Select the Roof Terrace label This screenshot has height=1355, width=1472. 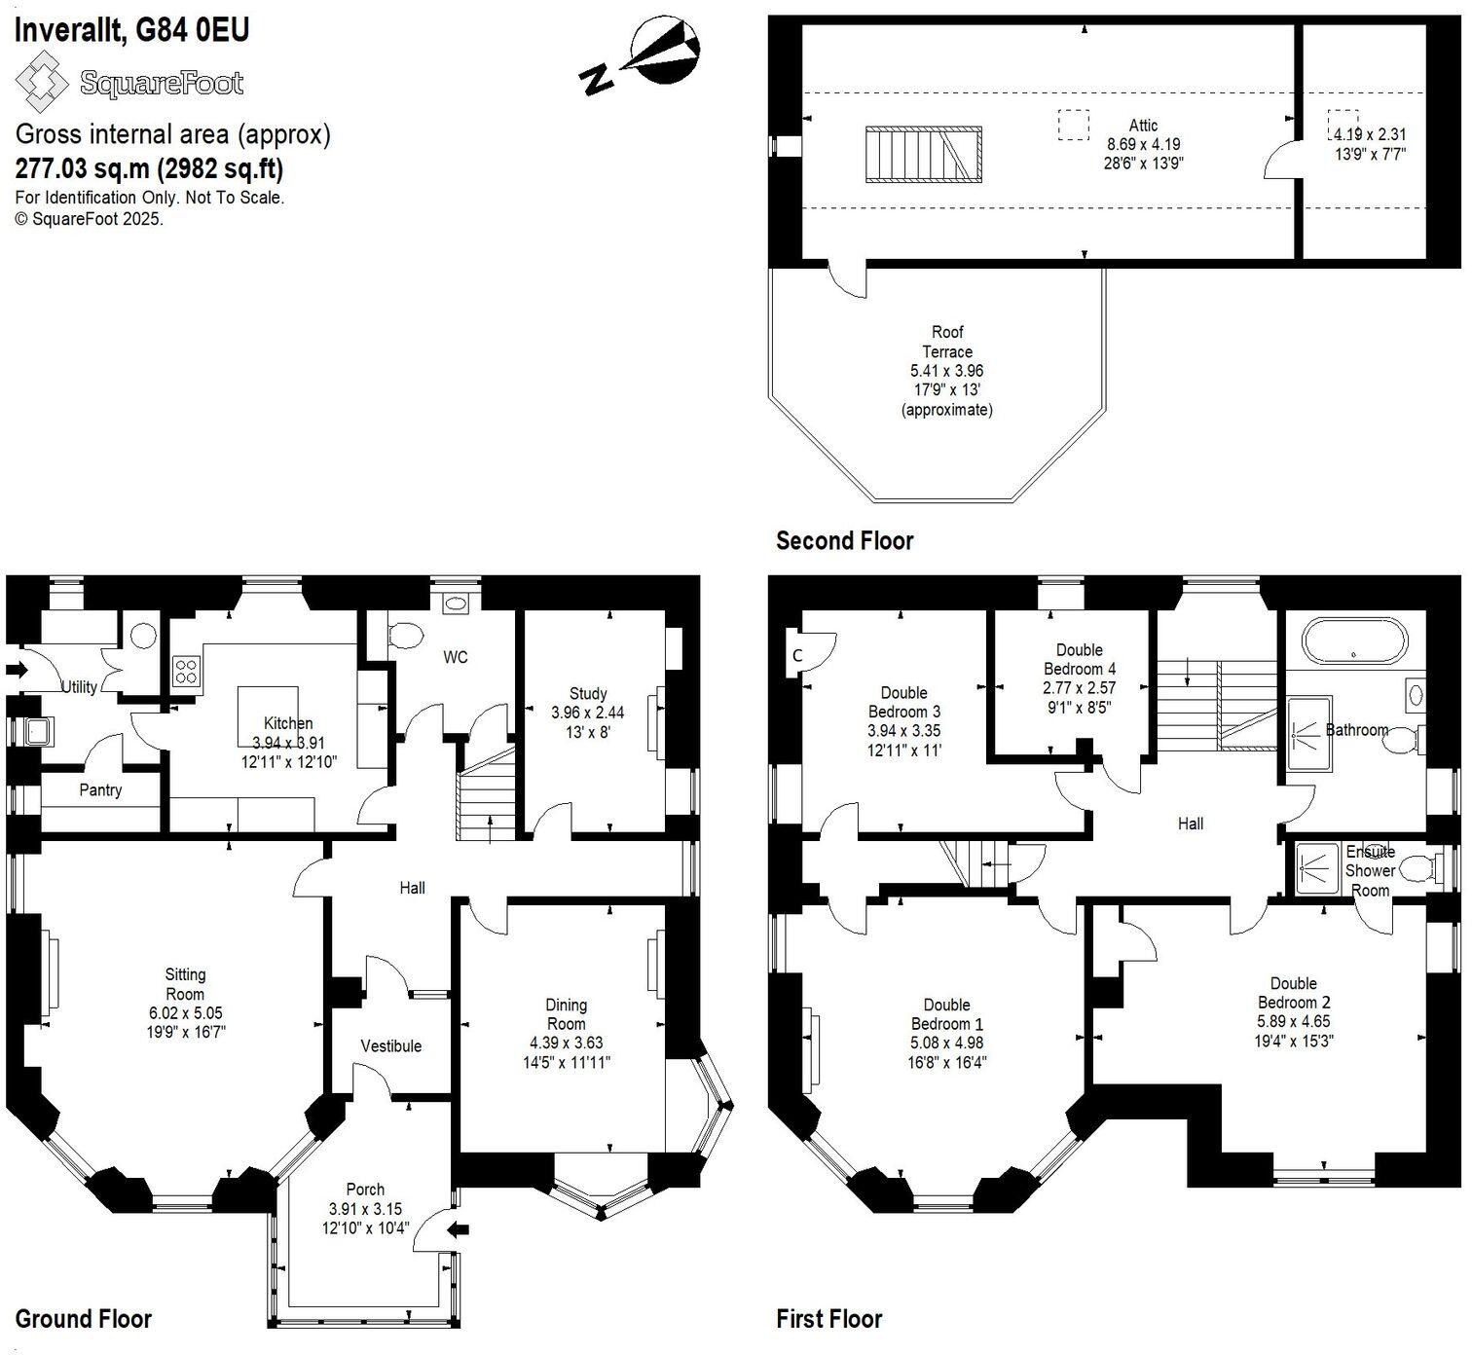click(x=947, y=342)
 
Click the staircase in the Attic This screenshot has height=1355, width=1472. click(x=923, y=155)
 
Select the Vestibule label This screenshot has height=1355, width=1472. click(x=391, y=1045)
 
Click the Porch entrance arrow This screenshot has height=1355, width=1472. click(x=458, y=1230)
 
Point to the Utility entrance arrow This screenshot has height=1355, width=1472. click(x=17, y=670)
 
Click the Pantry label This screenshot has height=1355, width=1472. click(x=100, y=789)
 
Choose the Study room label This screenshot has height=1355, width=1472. click(x=588, y=693)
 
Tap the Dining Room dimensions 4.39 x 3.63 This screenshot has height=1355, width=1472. click(x=566, y=1043)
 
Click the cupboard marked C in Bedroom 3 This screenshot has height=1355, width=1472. click(x=797, y=655)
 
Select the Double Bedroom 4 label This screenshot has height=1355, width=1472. click(x=1080, y=659)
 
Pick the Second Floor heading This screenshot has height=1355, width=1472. click(x=844, y=541)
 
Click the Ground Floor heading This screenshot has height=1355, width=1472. click(x=84, y=1319)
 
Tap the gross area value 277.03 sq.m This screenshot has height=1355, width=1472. click(x=82, y=168)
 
